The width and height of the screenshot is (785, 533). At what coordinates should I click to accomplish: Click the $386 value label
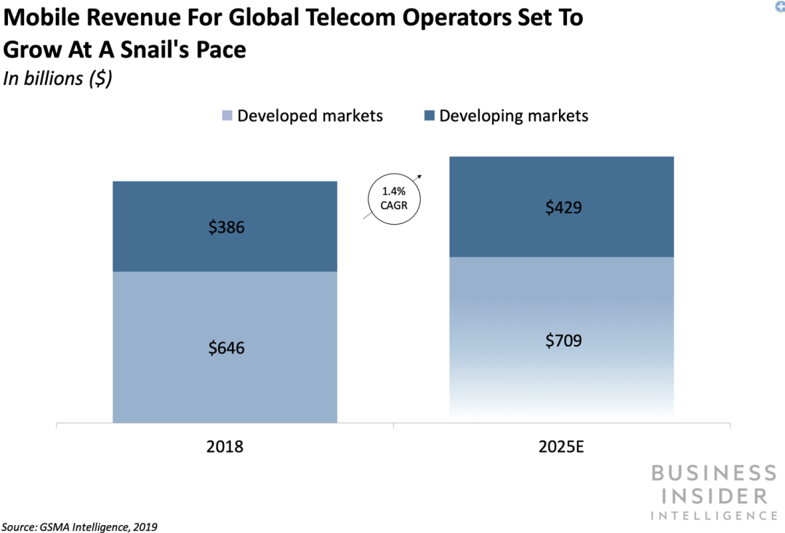[x=226, y=228]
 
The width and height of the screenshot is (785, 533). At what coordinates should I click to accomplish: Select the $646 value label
[x=226, y=348]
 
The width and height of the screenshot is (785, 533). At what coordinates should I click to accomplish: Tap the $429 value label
[x=564, y=208]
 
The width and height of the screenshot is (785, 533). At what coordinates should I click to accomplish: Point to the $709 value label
[x=564, y=340]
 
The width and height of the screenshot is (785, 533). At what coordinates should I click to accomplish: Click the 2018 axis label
[x=225, y=446]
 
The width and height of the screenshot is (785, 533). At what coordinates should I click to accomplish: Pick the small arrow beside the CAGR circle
[x=420, y=177]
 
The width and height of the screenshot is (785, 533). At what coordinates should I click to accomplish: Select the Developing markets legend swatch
[x=429, y=116]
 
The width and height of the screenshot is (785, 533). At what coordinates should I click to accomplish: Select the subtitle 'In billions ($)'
[x=58, y=79]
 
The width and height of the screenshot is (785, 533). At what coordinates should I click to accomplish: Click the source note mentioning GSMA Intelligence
[x=79, y=526]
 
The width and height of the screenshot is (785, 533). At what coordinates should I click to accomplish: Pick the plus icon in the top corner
[x=780, y=4]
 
